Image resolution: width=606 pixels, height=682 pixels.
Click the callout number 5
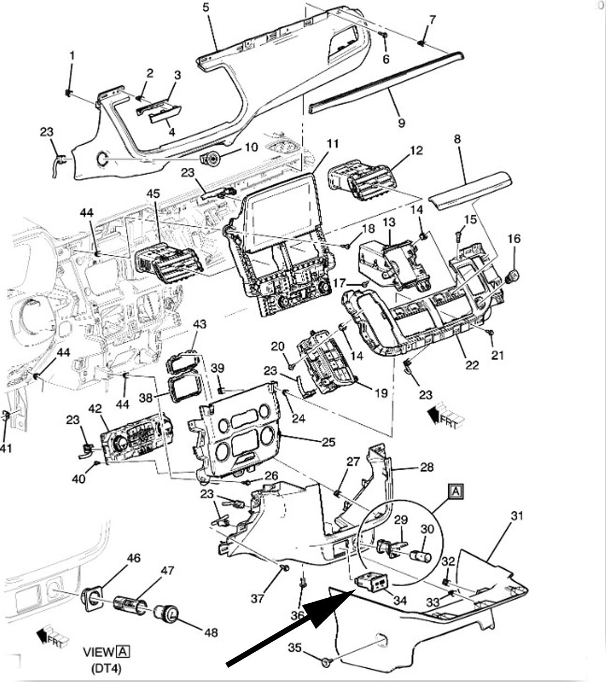tap(206, 8)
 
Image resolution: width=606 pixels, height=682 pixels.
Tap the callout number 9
tap(401, 122)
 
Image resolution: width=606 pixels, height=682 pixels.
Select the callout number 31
tap(516, 516)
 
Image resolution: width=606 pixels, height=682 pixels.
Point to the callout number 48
tap(210, 632)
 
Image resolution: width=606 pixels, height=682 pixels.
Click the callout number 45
tap(153, 194)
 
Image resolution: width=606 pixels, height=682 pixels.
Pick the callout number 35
tap(295, 648)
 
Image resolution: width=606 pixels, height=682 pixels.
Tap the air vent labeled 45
tap(165, 264)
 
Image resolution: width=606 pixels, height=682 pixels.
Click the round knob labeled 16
tap(513, 275)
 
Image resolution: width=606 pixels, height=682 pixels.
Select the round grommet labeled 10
tap(212, 160)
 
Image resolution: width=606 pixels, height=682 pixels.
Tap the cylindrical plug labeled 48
tap(166, 612)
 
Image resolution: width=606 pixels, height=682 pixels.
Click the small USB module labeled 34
tap(370, 581)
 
